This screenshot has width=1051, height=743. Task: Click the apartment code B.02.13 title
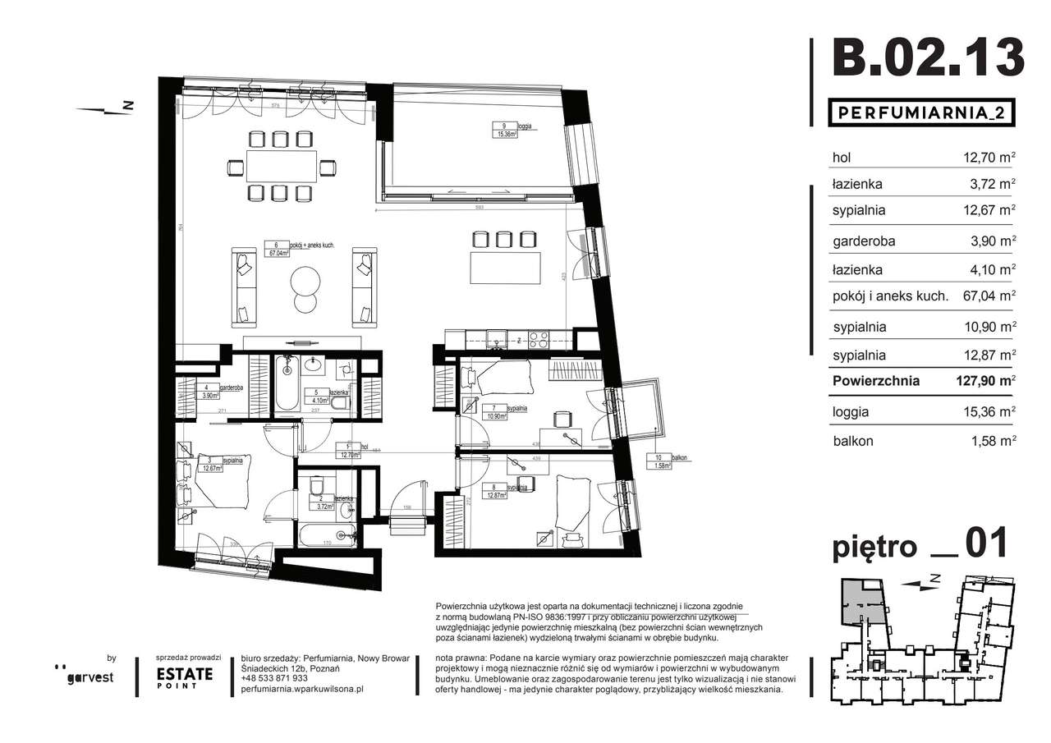pyautogui.click(x=927, y=58)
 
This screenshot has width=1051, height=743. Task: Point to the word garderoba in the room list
pyautogui.click(x=863, y=241)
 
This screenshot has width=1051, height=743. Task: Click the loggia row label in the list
pyautogui.click(x=852, y=412)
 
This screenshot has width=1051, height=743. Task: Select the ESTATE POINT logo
pyautogui.click(x=185, y=677)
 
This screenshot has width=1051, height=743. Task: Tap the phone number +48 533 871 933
pyautogui.click(x=275, y=678)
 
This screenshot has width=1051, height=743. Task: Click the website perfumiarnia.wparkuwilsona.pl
pyautogui.click(x=303, y=690)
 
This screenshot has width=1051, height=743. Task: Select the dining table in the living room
pyautogui.click(x=281, y=167)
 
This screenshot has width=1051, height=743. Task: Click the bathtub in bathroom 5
pyautogui.click(x=287, y=383)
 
